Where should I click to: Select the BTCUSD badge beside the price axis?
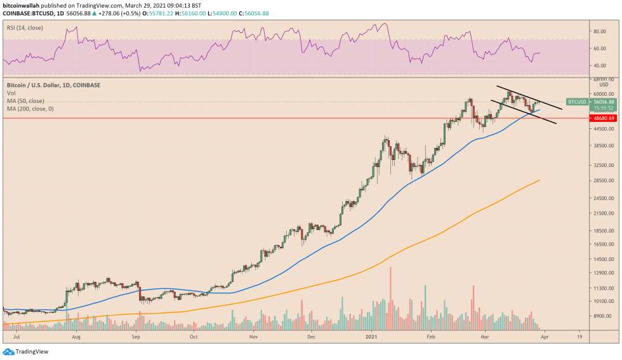pyautogui.click(x=577, y=102)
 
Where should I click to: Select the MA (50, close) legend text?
pyautogui.click(x=25, y=100)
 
